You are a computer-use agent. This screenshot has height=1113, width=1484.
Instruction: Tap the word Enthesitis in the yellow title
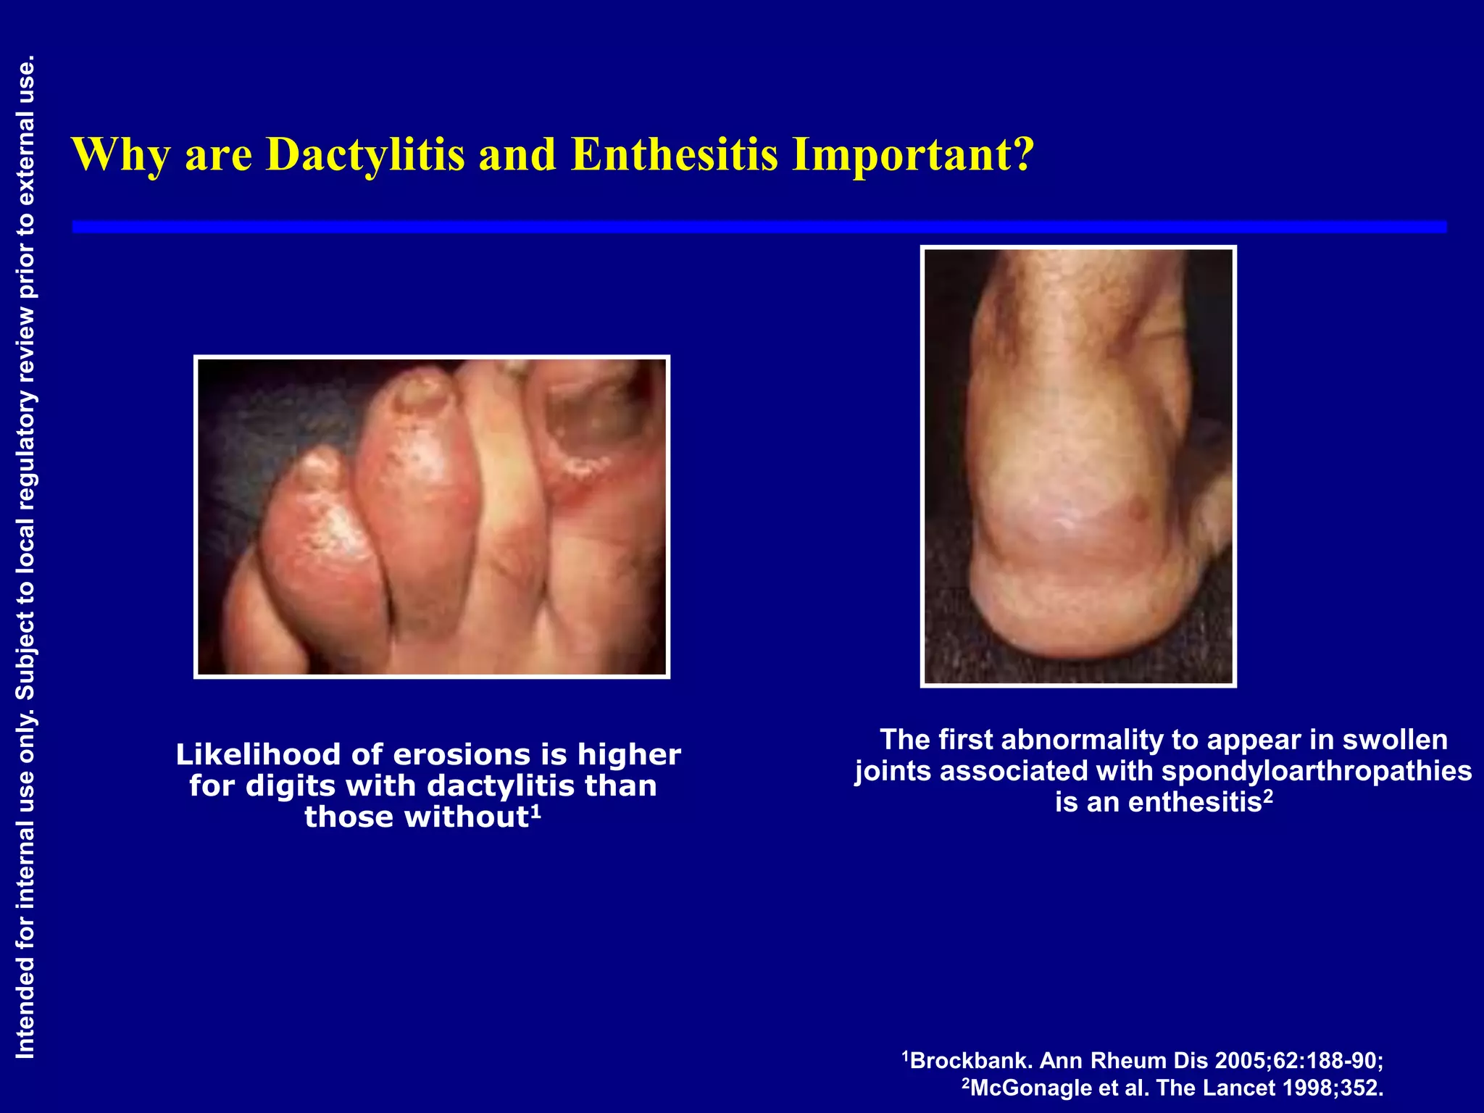point(674,154)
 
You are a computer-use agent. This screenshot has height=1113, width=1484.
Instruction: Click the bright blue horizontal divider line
point(759,228)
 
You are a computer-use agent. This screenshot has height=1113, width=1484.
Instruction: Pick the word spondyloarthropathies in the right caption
point(1316,771)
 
